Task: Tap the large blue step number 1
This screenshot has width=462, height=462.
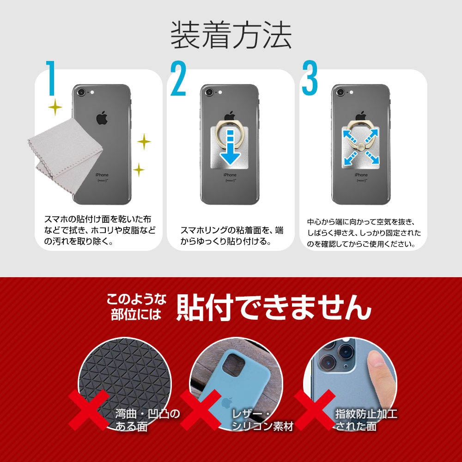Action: pos(51,78)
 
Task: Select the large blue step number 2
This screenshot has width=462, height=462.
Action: pos(178,79)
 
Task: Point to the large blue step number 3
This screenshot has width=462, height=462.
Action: pos(310,78)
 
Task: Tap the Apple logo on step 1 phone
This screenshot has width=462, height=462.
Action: pos(102,118)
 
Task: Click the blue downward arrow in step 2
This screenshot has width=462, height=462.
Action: pos(230,147)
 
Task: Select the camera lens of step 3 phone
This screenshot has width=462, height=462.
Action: pos(340,92)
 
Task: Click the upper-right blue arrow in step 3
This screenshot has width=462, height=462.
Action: pos(372,136)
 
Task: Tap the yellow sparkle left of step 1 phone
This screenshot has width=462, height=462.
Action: pos(55,107)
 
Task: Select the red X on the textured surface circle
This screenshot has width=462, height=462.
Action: pos(89,410)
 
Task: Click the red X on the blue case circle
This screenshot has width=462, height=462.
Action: pos(201,410)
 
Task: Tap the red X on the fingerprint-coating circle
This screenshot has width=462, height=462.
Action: pos(315,410)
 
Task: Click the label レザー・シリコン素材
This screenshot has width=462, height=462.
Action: pos(262,420)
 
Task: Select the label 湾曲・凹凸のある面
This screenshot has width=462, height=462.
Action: pos(147,420)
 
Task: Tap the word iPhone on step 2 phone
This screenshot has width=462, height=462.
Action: pos(230,175)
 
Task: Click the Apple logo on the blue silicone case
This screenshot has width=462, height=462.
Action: pos(227,402)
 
